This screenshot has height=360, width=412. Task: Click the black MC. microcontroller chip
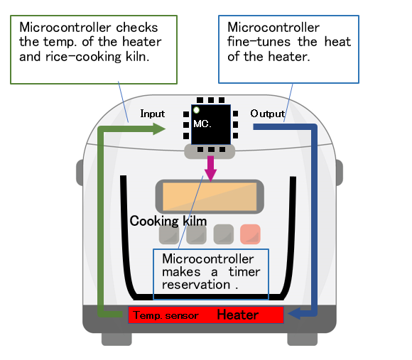(211, 124)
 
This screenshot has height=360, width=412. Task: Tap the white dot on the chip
(196, 110)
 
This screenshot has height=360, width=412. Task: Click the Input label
(153, 114)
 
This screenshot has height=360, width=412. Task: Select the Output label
(268, 114)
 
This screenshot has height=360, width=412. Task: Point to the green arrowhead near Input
(159, 129)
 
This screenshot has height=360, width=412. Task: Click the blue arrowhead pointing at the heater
(294, 313)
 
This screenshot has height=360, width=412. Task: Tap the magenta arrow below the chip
(210, 168)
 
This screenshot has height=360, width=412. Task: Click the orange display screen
(210, 197)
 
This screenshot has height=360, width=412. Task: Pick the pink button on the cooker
(250, 234)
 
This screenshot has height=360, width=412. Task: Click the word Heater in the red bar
(238, 315)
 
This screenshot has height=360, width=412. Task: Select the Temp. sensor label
(166, 315)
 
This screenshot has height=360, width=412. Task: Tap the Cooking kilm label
(168, 221)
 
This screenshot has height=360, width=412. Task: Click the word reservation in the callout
(196, 285)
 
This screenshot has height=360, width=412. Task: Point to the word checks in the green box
(137, 28)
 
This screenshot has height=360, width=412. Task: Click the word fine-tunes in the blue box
(259, 42)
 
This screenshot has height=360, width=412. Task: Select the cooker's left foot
(116, 339)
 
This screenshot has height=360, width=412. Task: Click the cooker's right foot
(303, 339)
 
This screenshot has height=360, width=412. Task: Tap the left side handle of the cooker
(80, 173)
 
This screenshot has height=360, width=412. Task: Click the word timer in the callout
(244, 272)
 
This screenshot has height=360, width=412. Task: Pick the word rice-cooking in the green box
(84, 57)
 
